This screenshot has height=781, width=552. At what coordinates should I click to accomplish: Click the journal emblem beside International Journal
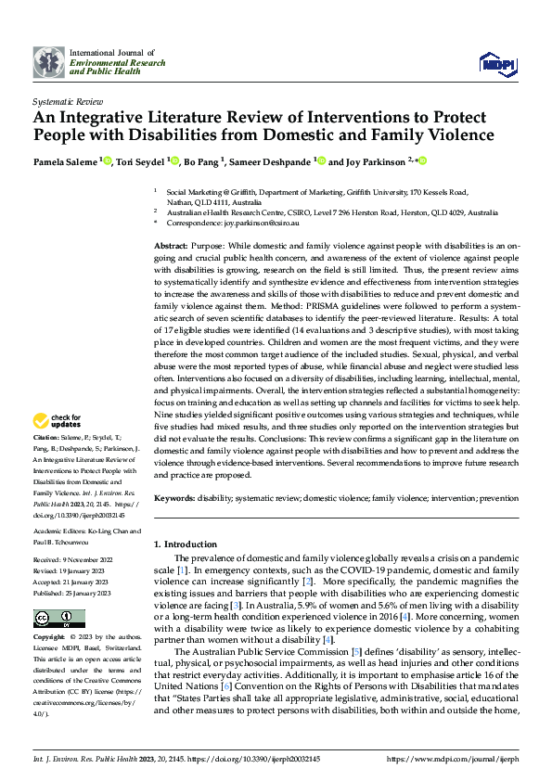click(48, 61)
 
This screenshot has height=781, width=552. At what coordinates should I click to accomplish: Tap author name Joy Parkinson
click(370, 160)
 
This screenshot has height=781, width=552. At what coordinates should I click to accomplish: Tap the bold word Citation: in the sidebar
click(46, 435)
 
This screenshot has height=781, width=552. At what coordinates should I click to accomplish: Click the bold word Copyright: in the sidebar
click(49, 638)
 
